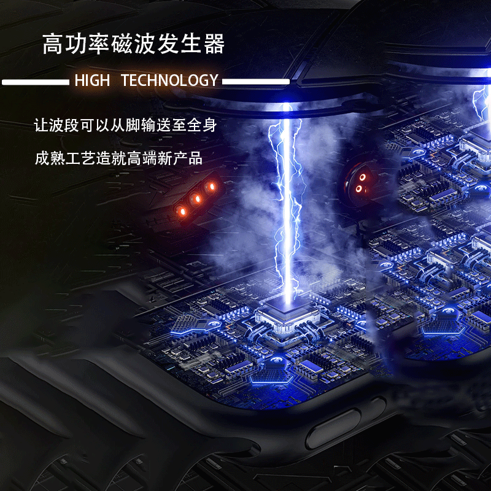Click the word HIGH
click(92, 80)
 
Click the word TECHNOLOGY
click(169, 80)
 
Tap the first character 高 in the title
click(53, 44)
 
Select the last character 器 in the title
click(214, 44)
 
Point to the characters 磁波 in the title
click(133, 44)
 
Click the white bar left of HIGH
click(35, 81)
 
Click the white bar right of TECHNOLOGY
click(255, 81)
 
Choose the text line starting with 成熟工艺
click(118, 158)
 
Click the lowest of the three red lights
click(182, 211)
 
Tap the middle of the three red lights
click(198, 198)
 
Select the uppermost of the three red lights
click(212, 186)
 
